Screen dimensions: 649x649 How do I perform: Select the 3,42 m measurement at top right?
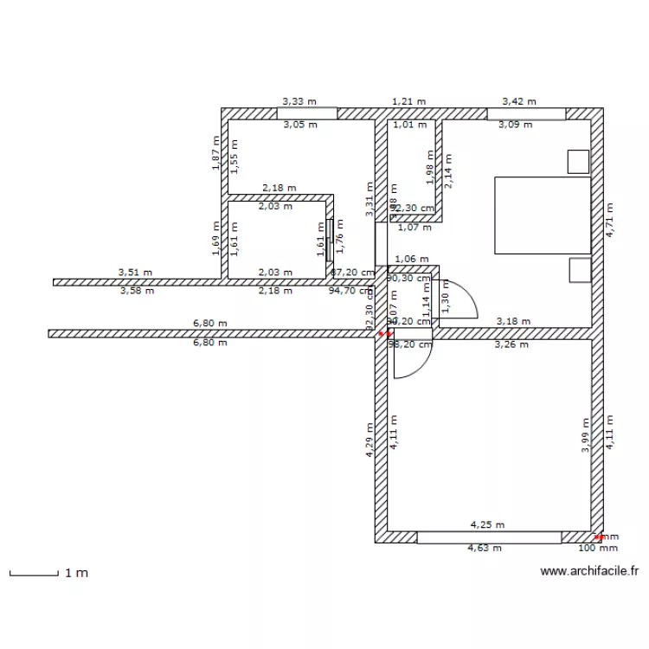click(519, 101)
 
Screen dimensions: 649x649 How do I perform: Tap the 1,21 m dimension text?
click(408, 101)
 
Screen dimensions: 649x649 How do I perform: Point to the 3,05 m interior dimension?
click(300, 125)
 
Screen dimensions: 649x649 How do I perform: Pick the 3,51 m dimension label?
click(135, 273)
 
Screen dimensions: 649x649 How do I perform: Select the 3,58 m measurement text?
click(137, 291)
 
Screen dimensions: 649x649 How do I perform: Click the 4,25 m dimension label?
click(487, 524)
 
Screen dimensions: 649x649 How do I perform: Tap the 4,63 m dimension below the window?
click(485, 548)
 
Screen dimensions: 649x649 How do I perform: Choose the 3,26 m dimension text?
click(511, 344)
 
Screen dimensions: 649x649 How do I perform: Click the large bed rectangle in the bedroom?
click(542, 215)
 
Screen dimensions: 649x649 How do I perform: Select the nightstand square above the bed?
click(577, 161)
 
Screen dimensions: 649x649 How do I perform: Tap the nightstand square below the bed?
click(579, 270)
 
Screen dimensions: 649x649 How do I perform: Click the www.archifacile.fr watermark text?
click(588, 571)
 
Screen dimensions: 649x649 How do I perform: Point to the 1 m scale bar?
click(35, 573)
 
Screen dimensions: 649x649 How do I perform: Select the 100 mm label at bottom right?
click(598, 548)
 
